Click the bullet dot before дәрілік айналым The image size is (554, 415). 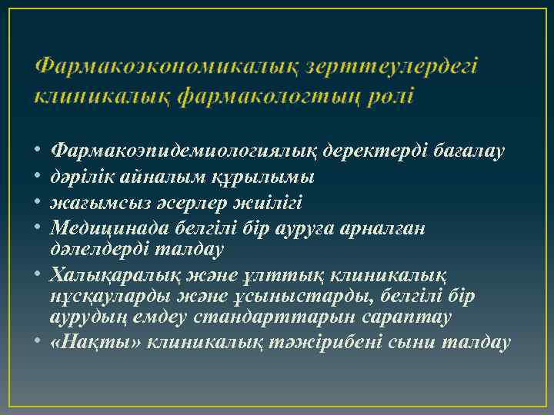38,178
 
